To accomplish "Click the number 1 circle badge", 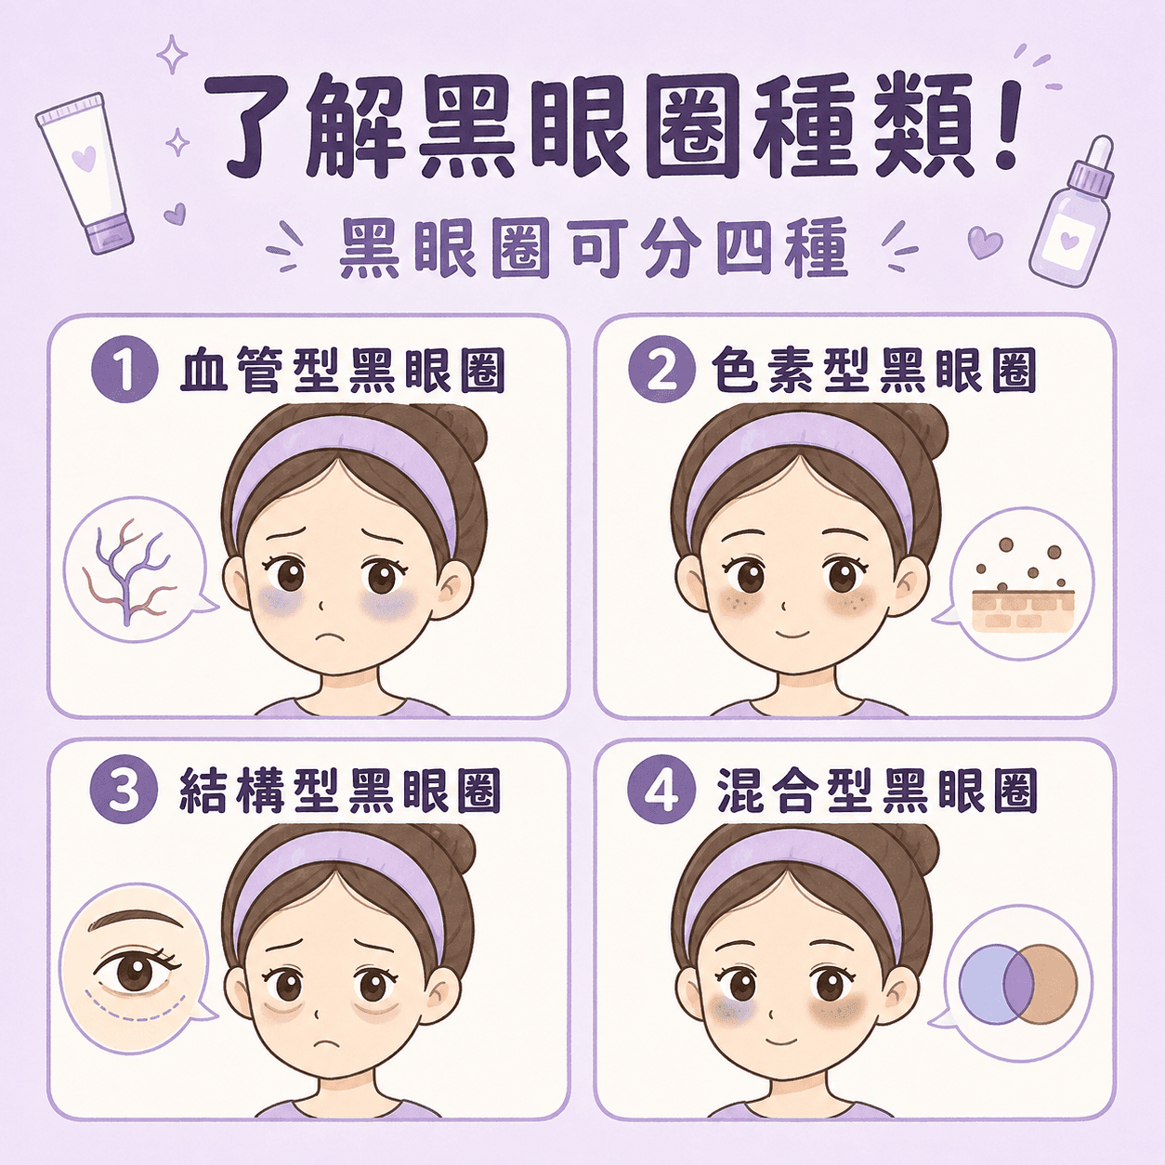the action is point(124,372).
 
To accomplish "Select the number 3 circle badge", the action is point(124,791).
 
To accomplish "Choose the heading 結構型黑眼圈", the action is point(340,791).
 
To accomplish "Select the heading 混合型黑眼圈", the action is point(876,791).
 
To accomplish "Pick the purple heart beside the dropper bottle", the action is point(985,242).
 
